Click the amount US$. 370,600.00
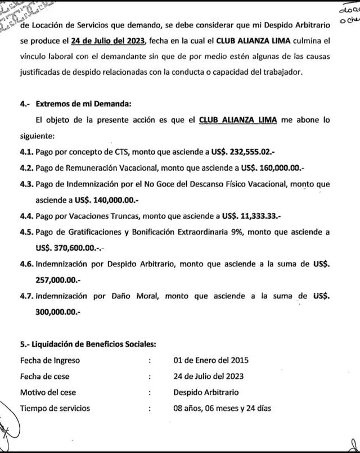coord(67,247)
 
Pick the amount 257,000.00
coord(59,279)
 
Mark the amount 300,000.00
coord(59,311)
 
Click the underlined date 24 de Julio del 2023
coord(107,40)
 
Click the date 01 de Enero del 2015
coord(211,360)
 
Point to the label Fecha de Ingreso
coord(50,360)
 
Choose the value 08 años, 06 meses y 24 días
coord(223,408)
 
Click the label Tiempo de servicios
coord(55,408)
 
